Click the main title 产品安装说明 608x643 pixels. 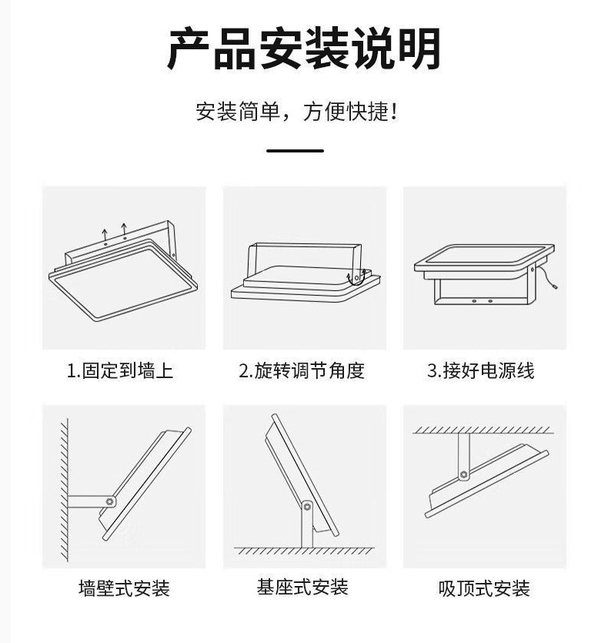tap(304, 49)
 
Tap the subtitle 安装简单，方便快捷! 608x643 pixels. tap(296, 112)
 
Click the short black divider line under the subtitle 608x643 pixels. tap(296, 151)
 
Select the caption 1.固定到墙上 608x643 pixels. tap(120, 370)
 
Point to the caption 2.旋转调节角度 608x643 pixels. tap(302, 370)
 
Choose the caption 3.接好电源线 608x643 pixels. tap(481, 370)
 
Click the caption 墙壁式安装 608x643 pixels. tap(124, 588)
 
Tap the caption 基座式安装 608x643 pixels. tap(302, 587)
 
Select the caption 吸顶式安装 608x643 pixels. tap(484, 588)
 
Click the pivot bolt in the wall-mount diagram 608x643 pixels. tap(110, 501)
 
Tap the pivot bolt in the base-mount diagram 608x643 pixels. tap(306, 507)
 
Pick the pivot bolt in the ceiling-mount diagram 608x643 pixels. tap(463, 474)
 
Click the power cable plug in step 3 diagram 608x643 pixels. tap(555, 286)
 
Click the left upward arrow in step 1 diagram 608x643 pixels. tap(105, 234)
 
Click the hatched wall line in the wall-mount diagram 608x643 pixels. tap(65, 490)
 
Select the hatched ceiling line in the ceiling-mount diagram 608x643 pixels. tap(483, 430)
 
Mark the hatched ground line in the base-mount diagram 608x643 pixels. tap(304, 551)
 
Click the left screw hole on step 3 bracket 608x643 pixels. tap(474, 301)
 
